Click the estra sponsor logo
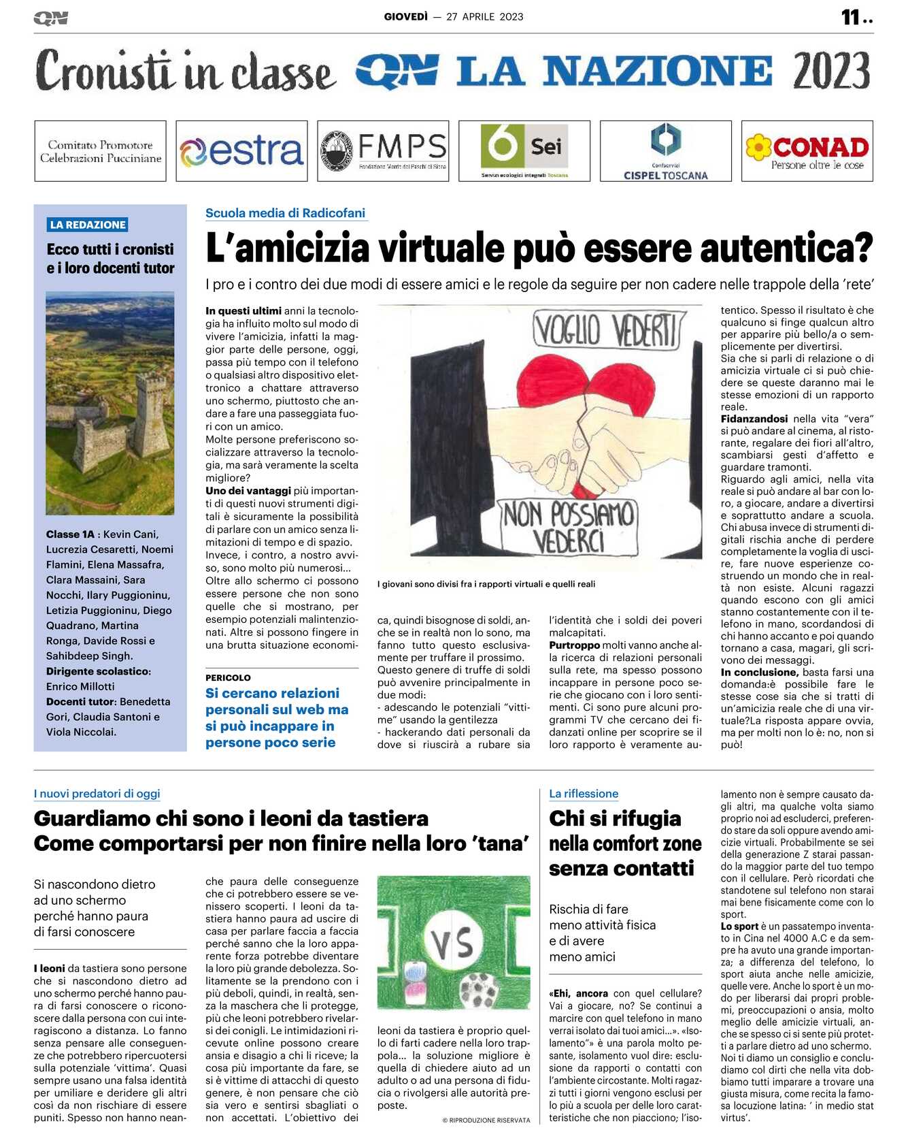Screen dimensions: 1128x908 pos(241,151)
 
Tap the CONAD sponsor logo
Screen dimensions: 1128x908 pos(807,151)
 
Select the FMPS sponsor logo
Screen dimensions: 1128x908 pos(383,151)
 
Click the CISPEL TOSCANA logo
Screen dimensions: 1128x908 pos(665,151)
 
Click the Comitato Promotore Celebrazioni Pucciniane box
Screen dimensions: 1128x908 pos(100,151)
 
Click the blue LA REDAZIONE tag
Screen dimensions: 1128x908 pos(88,225)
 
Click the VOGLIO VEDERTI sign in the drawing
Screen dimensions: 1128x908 pos(606,332)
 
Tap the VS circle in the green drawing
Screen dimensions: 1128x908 pos(453,943)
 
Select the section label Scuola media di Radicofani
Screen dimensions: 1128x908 pos(285,213)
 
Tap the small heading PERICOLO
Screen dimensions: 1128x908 pos(228,678)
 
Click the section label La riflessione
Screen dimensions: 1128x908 pos(584,794)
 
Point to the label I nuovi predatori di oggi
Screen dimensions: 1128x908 pos(97,794)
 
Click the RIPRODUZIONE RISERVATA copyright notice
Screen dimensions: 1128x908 pos(486,1121)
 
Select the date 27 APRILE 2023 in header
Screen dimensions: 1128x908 pos(484,17)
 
